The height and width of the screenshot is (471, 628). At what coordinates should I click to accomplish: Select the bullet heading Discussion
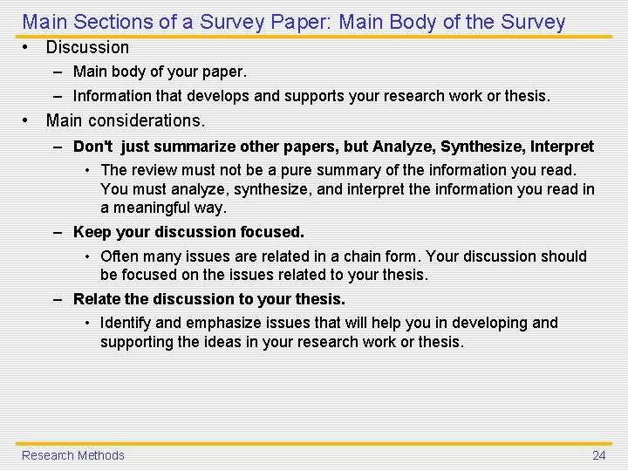pos(87,47)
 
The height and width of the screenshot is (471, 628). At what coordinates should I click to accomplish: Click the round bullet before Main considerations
pos(28,120)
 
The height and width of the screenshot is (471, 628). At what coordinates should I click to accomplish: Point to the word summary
pos(336,170)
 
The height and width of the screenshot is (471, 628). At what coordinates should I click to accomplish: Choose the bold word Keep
pos(91,232)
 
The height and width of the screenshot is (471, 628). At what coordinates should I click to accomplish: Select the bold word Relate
pos(97,299)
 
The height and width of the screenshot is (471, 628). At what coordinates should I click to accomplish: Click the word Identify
pos(126,323)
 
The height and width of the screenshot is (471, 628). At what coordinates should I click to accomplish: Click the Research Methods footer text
pos(73,455)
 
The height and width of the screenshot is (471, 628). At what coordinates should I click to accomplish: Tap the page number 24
pos(599,455)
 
